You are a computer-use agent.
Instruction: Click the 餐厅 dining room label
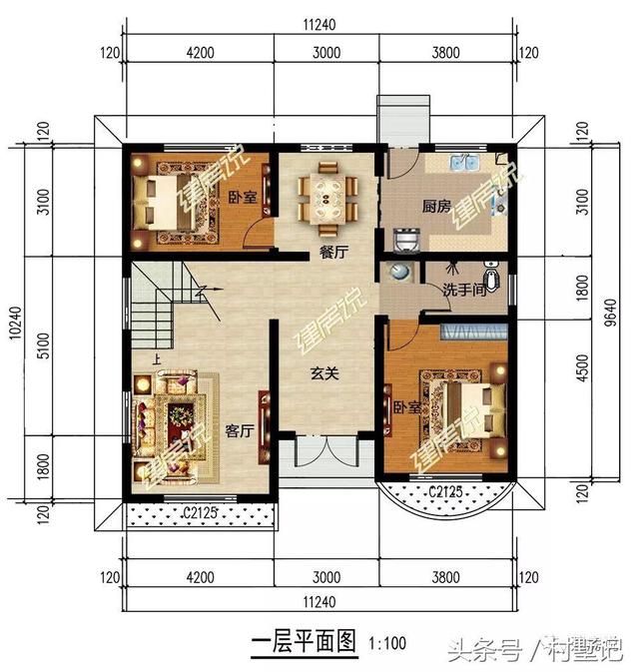click(x=333, y=253)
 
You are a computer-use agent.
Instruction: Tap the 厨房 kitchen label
click(x=432, y=207)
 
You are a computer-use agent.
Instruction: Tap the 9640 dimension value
click(x=611, y=318)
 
